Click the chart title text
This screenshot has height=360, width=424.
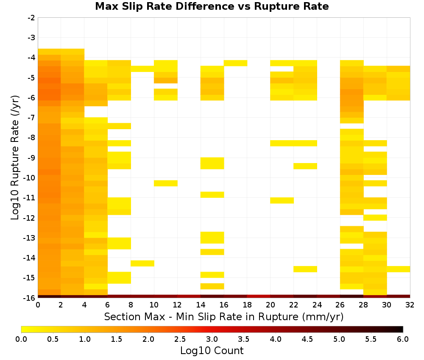(x=212, y=6)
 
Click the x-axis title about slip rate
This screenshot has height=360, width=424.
(x=224, y=316)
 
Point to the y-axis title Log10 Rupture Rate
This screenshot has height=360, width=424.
(x=15, y=158)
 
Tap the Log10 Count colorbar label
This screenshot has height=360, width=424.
(x=212, y=351)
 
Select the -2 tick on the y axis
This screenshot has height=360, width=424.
(x=31, y=18)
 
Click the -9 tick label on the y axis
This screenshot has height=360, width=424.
(x=31, y=158)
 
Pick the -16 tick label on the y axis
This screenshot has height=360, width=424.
(x=30, y=298)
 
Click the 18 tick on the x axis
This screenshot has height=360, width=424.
(x=247, y=305)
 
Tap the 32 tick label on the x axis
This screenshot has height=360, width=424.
(x=410, y=305)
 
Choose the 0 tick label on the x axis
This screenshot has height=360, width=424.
(x=38, y=305)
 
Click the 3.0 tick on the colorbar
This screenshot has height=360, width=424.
(x=212, y=339)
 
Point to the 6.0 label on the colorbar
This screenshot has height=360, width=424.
(x=403, y=339)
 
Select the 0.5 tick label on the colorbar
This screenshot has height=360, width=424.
(x=53, y=339)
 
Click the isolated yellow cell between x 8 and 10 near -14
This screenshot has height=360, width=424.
(x=142, y=263)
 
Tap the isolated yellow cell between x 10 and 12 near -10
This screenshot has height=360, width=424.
(x=166, y=183)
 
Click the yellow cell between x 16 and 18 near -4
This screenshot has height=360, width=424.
(x=235, y=63)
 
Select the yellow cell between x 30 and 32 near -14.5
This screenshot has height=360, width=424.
(x=398, y=269)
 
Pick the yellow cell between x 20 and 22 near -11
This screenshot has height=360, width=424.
(x=282, y=200)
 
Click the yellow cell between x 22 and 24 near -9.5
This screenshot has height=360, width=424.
(x=305, y=166)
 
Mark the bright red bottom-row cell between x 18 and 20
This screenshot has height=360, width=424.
(x=259, y=296)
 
